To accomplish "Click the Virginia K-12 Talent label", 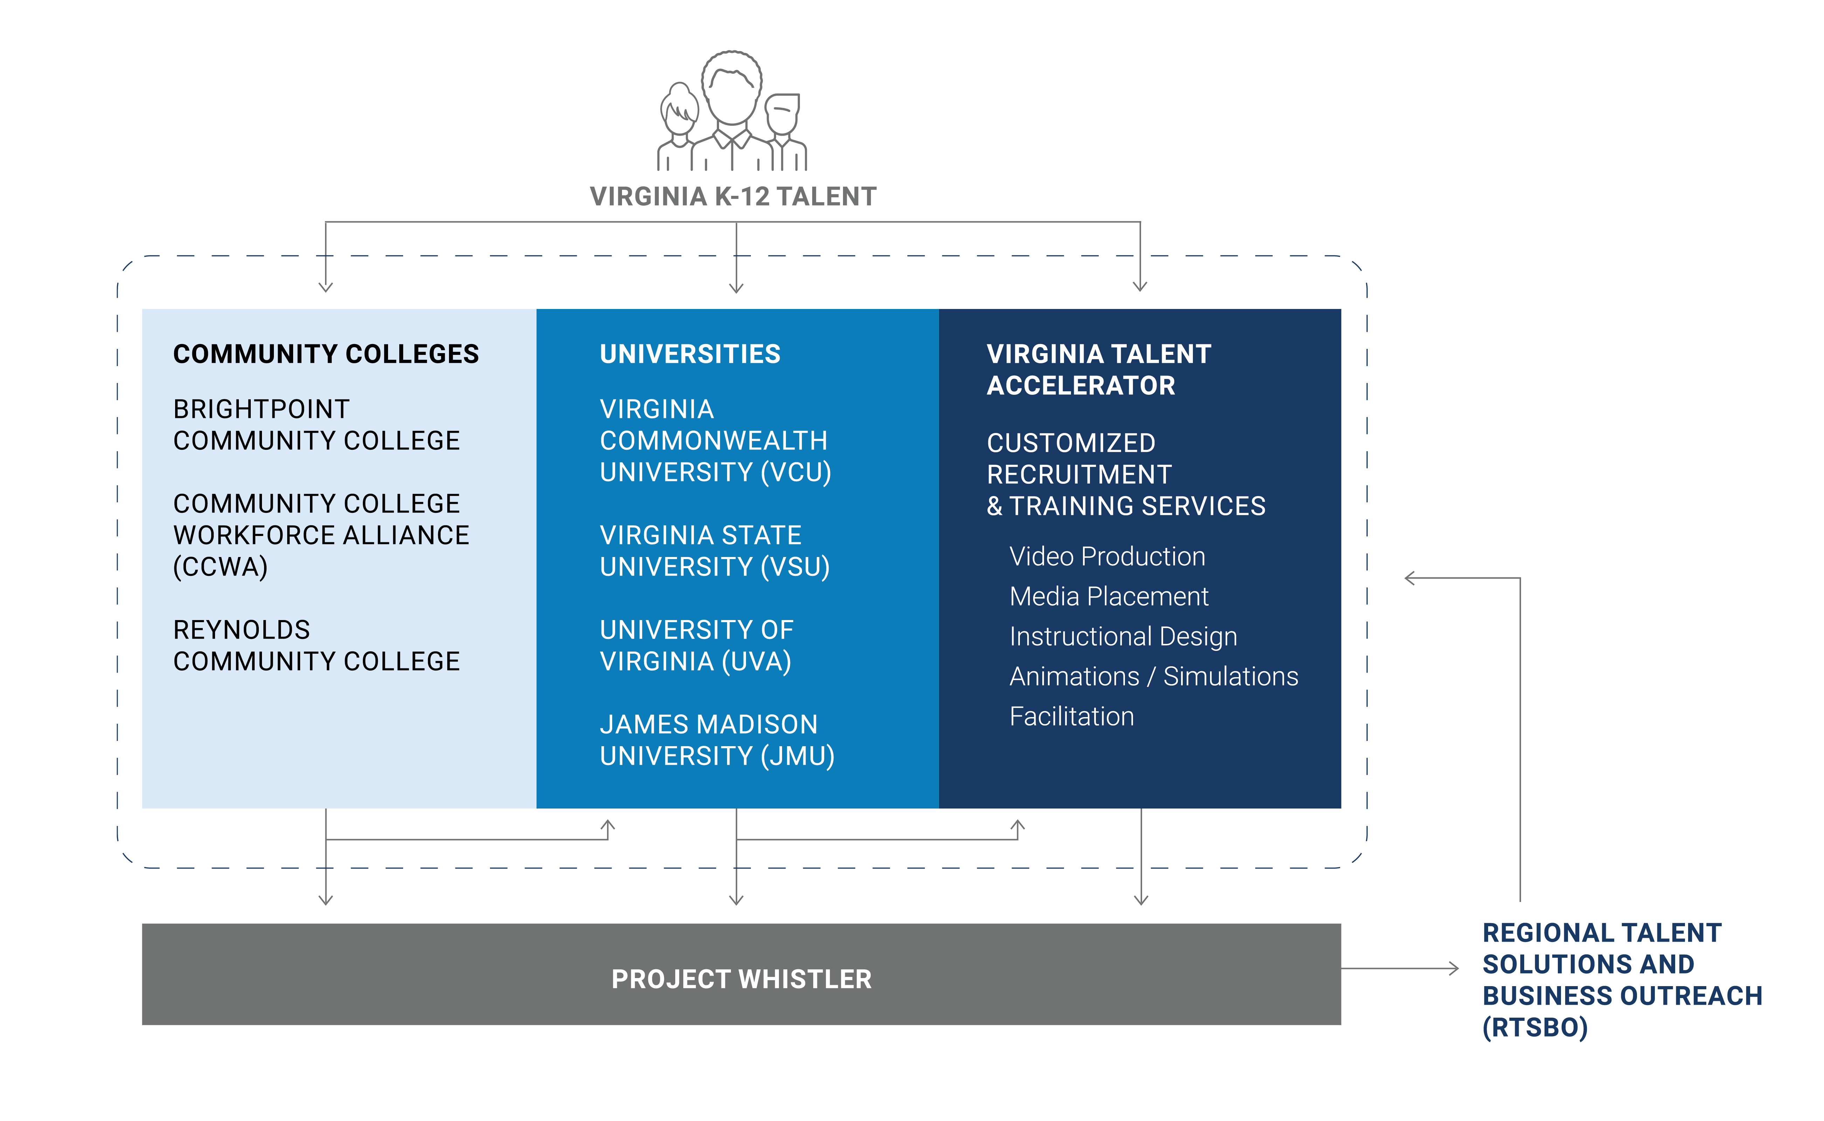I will pyautogui.click(x=732, y=197).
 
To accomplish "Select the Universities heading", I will pyautogui.click(x=689, y=355).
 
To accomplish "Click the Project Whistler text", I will pyautogui.click(x=741, y=979).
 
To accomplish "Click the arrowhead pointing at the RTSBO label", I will pyautogui.click(x=1454, y=968).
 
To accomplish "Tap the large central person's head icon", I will pyautogui.click(x=732, y=88).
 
